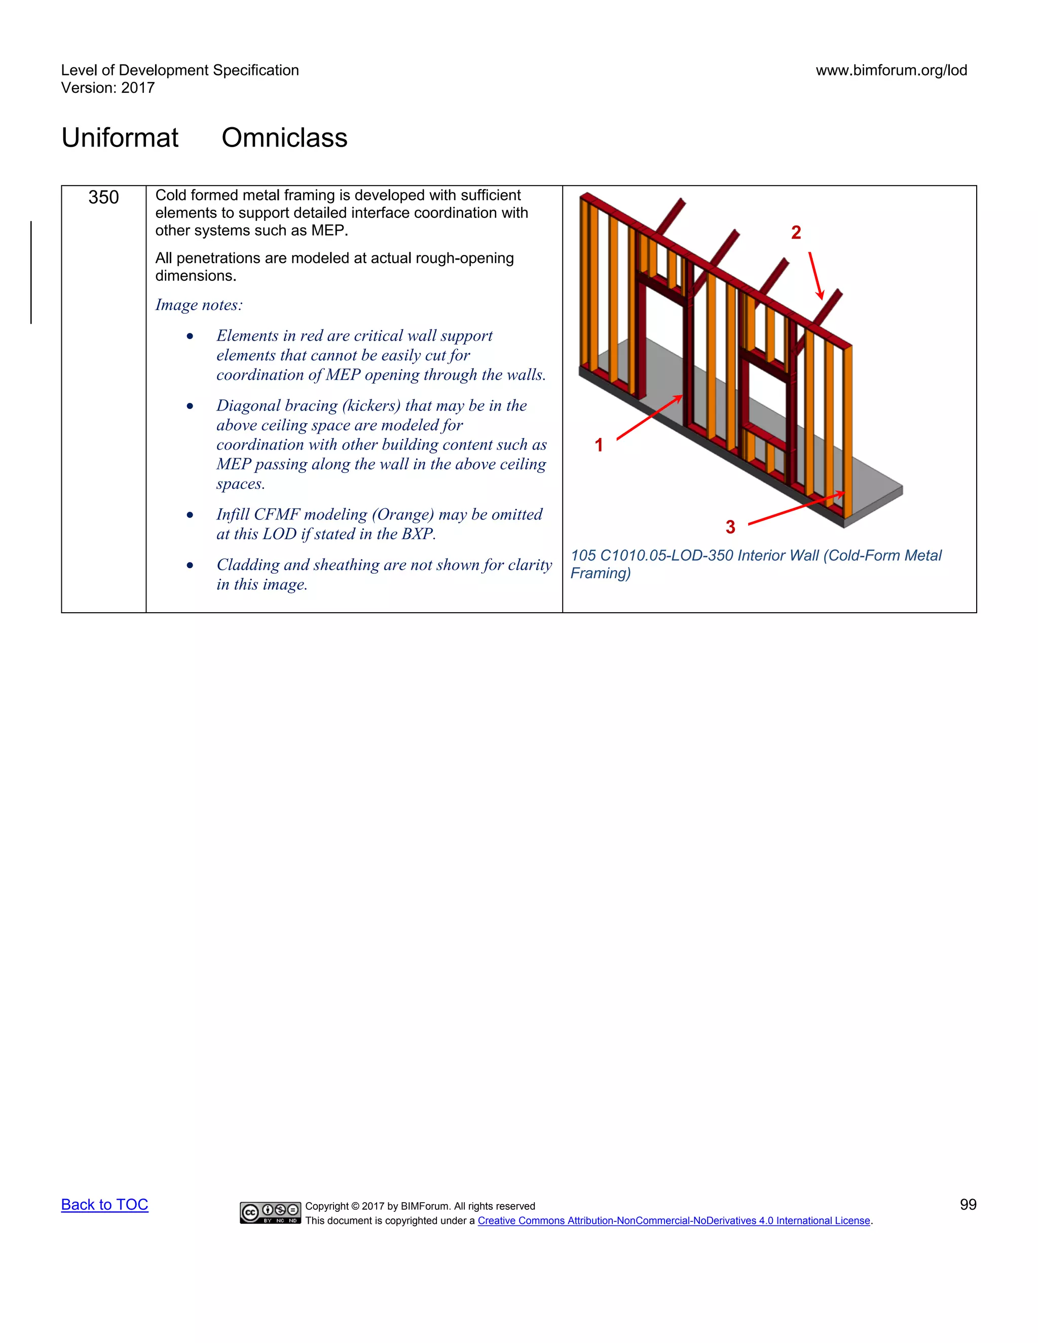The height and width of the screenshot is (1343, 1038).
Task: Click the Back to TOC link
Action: [104, 1204]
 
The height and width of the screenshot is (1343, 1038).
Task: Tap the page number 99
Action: [968, 1204]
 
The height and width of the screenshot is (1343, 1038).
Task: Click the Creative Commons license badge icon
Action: [270, 1212]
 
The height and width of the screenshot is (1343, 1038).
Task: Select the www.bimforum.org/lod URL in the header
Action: [891, 70]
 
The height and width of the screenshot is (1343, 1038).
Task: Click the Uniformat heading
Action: [120, 137]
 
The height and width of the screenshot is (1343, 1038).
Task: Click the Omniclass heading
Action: [284, 137]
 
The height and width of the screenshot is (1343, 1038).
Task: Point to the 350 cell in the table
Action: [103, 197]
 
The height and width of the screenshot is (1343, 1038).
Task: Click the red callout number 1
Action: [599, 444]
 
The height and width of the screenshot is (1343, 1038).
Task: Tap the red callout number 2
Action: [796, 233]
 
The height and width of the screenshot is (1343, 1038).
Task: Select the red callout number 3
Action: [730, 527]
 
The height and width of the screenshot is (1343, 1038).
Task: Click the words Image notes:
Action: [199, 305]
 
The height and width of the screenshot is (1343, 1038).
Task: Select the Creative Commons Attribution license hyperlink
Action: [674, 1221]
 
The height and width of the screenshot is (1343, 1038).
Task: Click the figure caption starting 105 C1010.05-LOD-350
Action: [755, 564]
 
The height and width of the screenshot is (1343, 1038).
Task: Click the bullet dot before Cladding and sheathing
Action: [190, 565]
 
